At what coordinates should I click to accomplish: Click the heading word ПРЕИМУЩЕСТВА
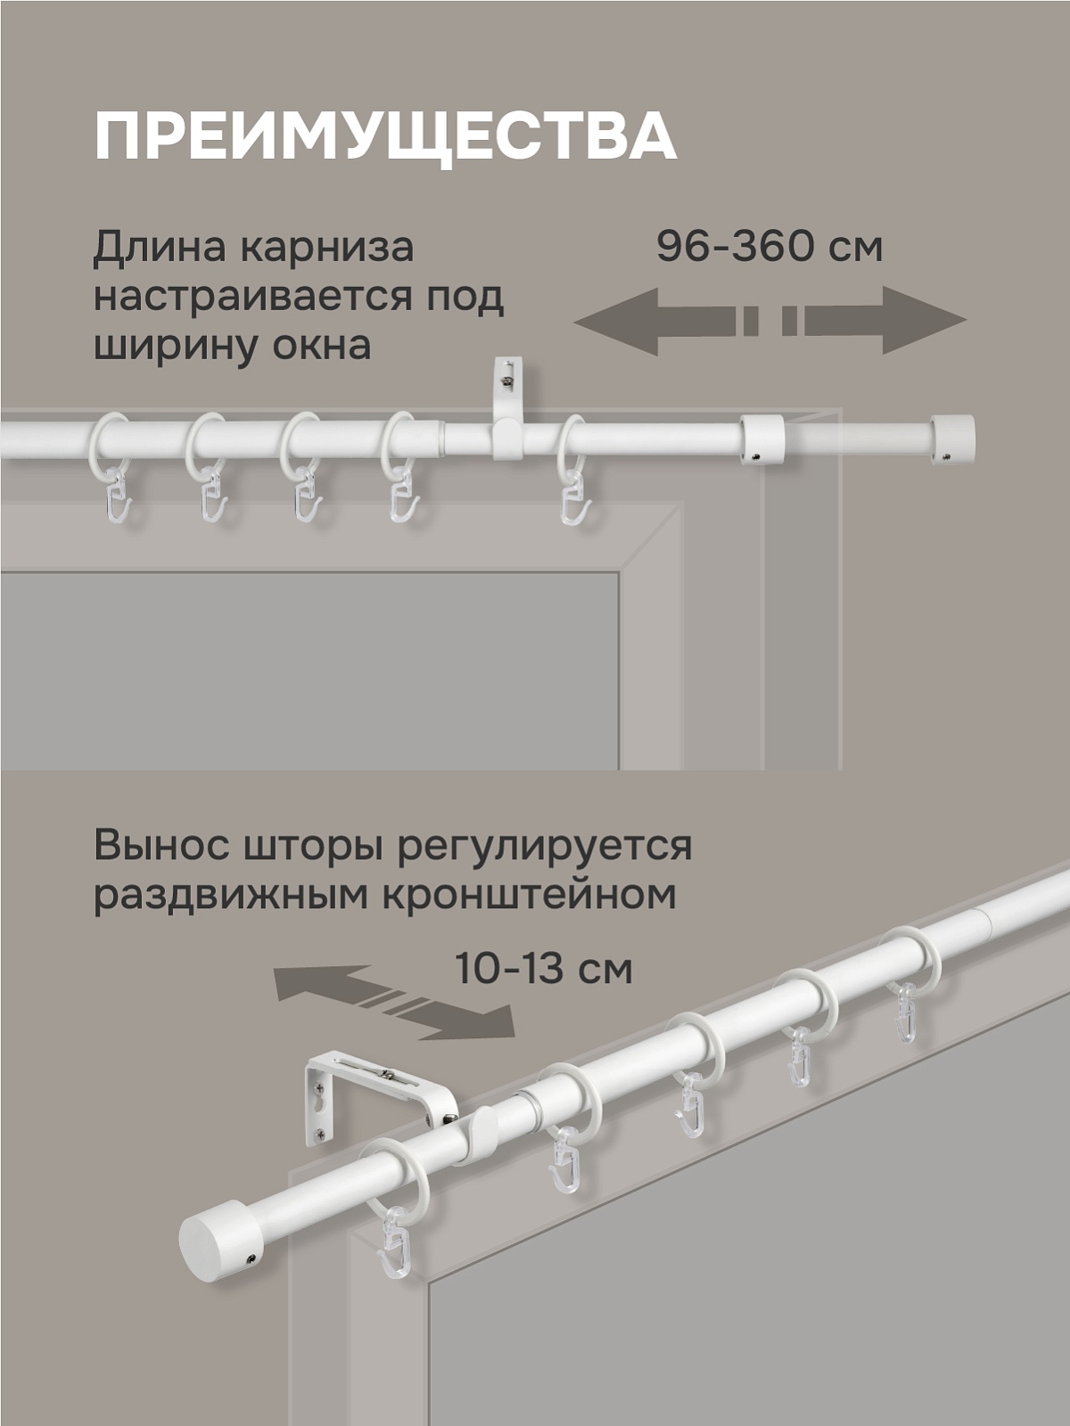384,135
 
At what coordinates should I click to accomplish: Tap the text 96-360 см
769,247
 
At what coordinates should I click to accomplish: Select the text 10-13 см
543,969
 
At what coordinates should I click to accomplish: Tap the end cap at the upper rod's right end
951,438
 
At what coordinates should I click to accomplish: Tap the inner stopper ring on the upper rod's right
761,438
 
